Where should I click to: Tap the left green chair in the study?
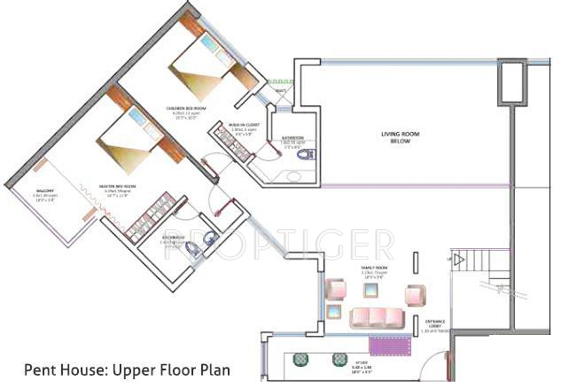[300, 360]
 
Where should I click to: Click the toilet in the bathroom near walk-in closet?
[309, 154]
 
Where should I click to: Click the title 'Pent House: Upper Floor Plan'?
[127, 371]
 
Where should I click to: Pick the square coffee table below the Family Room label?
[371, 290]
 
